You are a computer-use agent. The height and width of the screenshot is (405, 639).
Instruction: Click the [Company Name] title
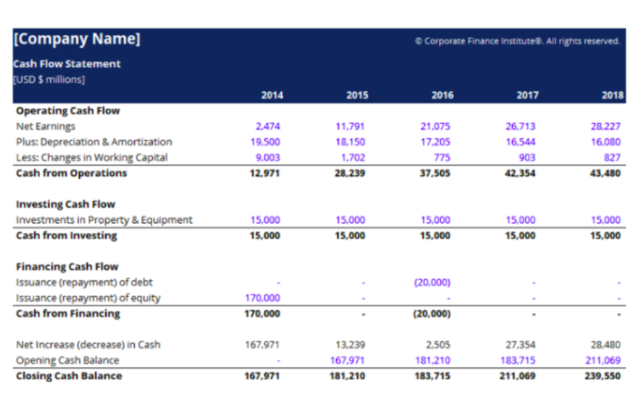click(77, 39)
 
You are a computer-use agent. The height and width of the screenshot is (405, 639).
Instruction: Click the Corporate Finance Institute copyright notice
click(517, 41)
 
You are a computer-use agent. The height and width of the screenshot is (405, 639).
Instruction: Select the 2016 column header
click(442, 96)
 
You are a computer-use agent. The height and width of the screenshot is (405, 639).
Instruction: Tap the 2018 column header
click(612, 96)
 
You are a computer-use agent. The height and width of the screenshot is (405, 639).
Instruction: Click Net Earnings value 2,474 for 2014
click(268, 126)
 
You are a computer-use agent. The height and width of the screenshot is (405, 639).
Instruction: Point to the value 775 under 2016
click(442, 157)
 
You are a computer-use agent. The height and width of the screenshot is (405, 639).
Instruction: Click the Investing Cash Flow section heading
click(65, 205)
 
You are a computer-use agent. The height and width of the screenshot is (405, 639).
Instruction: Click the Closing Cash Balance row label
click(69, 376)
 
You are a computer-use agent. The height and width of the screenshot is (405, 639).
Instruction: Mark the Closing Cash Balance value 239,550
click(603, 376)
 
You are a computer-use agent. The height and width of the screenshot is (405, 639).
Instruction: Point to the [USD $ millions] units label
click(49, 79)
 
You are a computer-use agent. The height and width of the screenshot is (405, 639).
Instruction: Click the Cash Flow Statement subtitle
click(67, 64)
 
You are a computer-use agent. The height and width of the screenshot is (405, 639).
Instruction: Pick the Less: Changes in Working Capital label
click(92, 157)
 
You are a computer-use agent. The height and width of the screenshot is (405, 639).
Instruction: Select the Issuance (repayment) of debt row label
click(84, 283)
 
